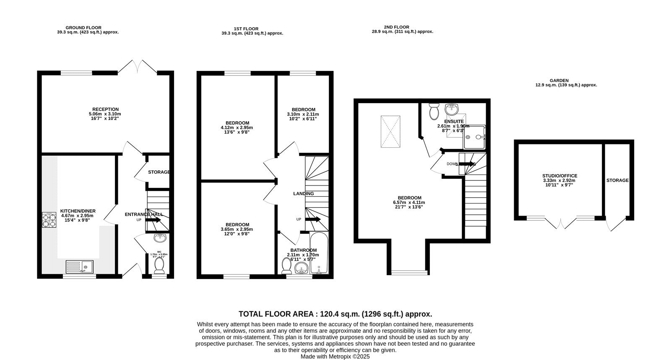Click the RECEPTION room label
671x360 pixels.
[x=105, y=109]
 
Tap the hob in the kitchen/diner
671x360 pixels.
[x=49, y=220]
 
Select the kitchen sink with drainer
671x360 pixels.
[x=80, y=267]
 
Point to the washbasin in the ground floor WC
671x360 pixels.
[x=160, y=238]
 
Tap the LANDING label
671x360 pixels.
[x=303, y=193]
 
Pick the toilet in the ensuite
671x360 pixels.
[x=434, y=112]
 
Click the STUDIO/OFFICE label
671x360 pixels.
[x=559, y=176]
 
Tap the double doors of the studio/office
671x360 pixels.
[x=561, y=223]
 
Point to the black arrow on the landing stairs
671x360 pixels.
[x=313, y=219]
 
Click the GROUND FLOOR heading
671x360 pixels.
[x=83, y=28]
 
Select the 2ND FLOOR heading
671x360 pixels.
[x=396, y=27]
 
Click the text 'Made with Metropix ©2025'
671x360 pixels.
[x=335, y=356]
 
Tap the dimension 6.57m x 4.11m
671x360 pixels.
[x=409, y=203]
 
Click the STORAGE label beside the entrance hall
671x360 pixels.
[x=159, y=172]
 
